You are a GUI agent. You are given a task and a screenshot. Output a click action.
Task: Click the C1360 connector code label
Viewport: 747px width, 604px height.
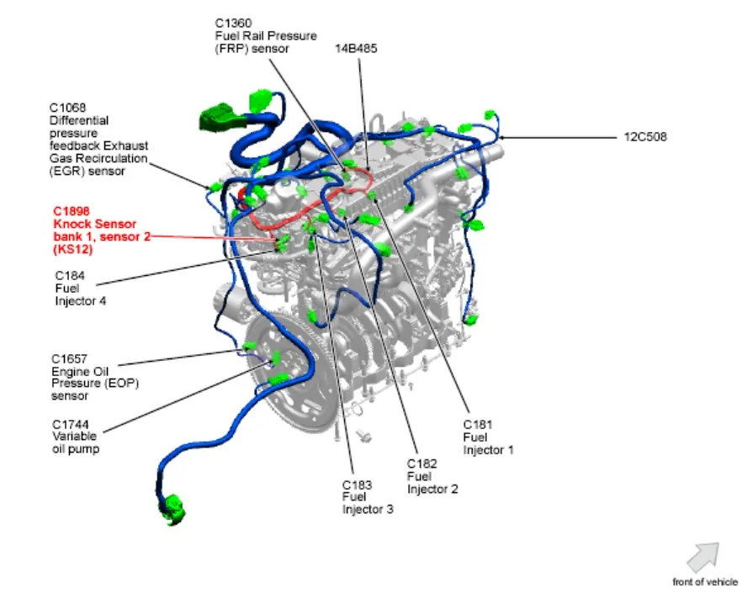(234, 23)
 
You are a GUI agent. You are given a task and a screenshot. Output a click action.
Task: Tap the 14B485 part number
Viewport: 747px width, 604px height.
(356, 49)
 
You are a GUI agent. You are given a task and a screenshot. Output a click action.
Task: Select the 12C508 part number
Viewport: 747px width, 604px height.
(645, 137)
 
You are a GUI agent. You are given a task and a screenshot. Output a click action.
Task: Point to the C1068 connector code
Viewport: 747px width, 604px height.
(67, 108)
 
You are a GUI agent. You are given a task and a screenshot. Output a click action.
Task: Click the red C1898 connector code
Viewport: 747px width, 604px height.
(72, 211)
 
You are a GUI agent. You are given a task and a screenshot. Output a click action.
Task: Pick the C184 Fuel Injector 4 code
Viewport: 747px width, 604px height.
(70, 276)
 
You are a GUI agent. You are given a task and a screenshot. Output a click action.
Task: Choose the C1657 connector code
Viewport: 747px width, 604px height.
(69, 359)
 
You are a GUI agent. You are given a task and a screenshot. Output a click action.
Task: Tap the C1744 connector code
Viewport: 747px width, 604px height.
(71, 425)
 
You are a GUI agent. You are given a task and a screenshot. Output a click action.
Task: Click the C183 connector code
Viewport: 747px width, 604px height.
(357, 485)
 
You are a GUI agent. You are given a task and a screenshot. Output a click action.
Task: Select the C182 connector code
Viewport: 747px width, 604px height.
(421, 464)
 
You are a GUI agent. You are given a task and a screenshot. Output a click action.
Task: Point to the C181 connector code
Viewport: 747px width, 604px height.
(477, 425)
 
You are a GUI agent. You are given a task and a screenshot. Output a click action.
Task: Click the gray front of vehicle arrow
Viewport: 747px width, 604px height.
(703, 557)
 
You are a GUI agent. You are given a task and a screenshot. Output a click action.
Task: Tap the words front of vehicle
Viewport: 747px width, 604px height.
(705, 582)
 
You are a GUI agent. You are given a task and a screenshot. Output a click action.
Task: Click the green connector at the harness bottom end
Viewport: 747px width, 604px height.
(172, 510)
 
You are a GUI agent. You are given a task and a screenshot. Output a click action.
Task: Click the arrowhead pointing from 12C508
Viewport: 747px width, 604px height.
(501, 138)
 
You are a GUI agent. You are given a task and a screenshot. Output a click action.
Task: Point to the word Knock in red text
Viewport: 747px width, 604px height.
(72, 224)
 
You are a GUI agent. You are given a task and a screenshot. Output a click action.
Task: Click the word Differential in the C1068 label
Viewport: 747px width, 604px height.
(79, 120)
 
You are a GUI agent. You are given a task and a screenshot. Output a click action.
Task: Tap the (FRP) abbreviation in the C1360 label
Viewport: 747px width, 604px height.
(231, 49)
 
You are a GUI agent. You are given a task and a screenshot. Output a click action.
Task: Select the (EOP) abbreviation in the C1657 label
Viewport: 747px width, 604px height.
(121, 384)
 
